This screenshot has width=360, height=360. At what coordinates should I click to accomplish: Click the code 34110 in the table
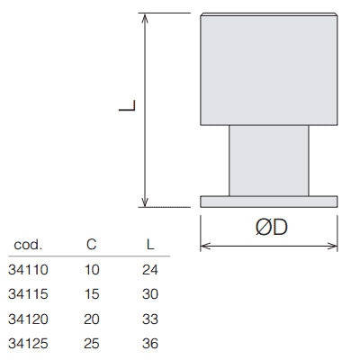(28, 270)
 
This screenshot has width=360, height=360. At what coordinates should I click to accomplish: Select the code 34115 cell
(28, 294)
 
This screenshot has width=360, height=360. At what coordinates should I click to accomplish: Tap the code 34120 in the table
(28, 319)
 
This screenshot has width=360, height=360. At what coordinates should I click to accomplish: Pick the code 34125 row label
(28, 344)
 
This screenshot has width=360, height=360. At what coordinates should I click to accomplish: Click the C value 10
(92, 270)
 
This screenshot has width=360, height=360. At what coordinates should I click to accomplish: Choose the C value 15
(92, 294)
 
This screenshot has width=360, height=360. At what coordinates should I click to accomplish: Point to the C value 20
(92, 319)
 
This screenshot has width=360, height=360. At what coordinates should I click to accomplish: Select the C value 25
(92, 344)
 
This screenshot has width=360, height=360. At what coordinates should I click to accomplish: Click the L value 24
(150, 270)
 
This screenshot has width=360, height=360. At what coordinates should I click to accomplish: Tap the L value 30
(150, 294)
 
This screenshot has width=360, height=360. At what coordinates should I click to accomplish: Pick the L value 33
(150, 319)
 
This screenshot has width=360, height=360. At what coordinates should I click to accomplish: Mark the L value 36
(150, 344)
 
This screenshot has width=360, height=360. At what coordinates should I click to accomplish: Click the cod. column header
(28, 245)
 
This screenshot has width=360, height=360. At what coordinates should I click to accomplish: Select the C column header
(92, 245)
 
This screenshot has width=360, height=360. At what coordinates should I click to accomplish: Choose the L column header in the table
(150, 245)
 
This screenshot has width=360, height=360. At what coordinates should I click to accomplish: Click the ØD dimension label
(272, 227)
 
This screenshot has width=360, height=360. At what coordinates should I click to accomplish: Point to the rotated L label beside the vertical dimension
(127, 105)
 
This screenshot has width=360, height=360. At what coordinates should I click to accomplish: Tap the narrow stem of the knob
(269, 160)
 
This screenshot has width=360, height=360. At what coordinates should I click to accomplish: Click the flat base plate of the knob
(269, 202)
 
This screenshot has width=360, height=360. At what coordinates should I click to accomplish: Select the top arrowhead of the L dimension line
(145, 17)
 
